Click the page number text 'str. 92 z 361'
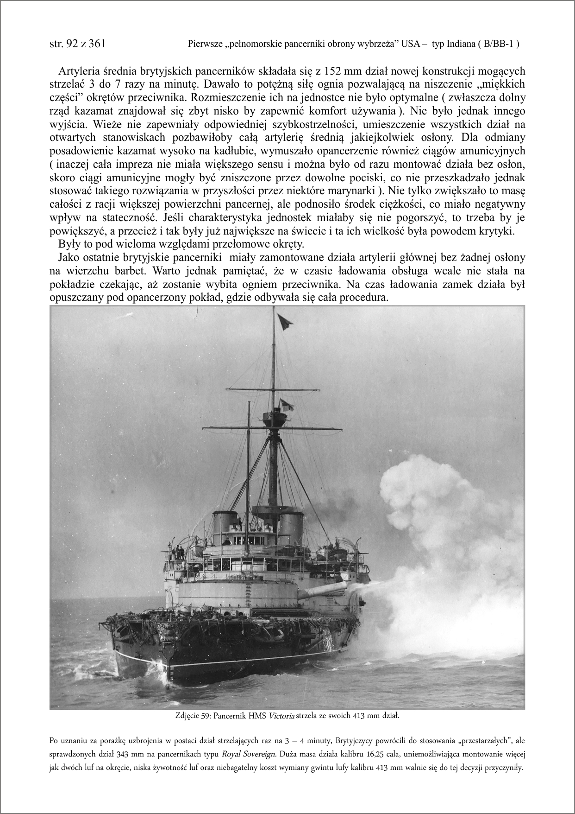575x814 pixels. [x=77, y=44]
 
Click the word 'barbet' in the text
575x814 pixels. [x=110, y=271]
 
